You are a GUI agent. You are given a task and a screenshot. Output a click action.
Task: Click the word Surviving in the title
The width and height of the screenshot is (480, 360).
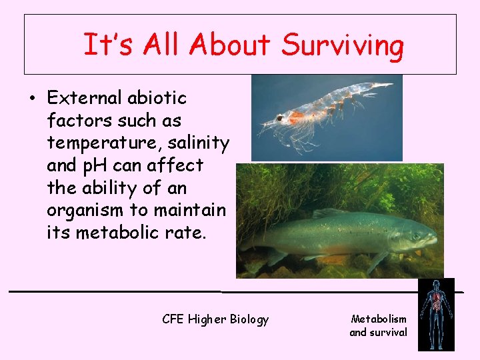[343, 45]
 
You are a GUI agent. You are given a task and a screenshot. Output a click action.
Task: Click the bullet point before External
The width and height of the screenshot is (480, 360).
[31, 99]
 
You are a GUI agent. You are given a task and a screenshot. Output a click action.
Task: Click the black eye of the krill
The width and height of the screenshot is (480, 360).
[280, 118]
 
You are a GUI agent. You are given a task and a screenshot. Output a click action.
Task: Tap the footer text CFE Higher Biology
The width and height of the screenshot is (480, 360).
[215, 319]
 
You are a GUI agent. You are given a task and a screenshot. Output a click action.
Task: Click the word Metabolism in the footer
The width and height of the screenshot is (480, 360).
[378, 319]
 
